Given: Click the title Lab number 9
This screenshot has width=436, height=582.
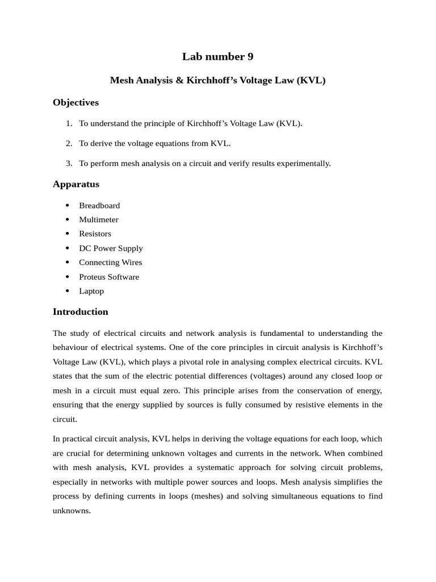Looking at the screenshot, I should tap(217, 56).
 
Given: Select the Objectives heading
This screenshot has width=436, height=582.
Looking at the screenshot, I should tap(76, 102).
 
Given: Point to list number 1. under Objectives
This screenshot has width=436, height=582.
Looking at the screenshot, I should tap(69, 123).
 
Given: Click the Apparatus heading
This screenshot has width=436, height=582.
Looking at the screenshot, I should tap(76, 184).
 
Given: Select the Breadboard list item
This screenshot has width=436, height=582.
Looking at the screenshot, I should tap(99, 205).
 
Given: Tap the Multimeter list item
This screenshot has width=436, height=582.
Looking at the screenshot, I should tap(99, 219).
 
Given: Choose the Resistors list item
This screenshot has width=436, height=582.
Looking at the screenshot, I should tap(95, 234).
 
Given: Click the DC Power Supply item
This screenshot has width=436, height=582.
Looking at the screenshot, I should tap(111, 248).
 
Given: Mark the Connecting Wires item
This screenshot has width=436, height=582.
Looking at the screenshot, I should tap(110, 263).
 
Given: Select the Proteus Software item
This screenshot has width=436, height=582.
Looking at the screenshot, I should tap(108, 277).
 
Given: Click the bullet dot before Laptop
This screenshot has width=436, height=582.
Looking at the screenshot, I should tap(67, 291).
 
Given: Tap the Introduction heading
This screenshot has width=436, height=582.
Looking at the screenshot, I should tap(80, 311).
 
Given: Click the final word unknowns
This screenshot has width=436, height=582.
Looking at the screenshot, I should tap(72, 510).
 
